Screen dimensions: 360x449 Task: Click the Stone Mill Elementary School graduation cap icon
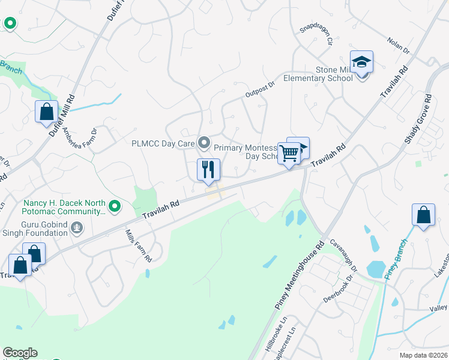362,62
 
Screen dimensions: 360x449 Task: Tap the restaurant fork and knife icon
208,170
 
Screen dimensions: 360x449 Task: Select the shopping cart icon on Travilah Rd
289,154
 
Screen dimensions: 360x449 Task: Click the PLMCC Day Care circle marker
204,143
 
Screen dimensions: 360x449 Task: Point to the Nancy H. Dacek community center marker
112,208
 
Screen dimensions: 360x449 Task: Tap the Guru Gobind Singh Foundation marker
76,227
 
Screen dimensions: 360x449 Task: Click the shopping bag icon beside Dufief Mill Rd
46,112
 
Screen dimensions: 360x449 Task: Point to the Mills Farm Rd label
138,246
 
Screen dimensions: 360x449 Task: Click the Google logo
20,353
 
